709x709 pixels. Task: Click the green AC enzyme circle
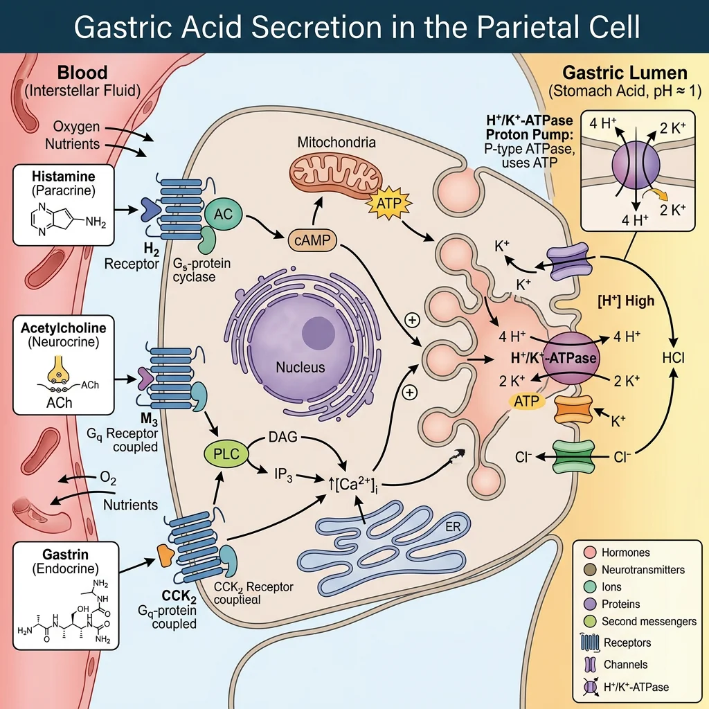tap(222, 215)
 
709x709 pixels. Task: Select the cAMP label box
tap(311, 241)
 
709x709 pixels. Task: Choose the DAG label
tap(282, 437)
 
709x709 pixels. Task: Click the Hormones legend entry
tap(625, 553)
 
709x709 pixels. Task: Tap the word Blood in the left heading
tap(82, 73)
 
